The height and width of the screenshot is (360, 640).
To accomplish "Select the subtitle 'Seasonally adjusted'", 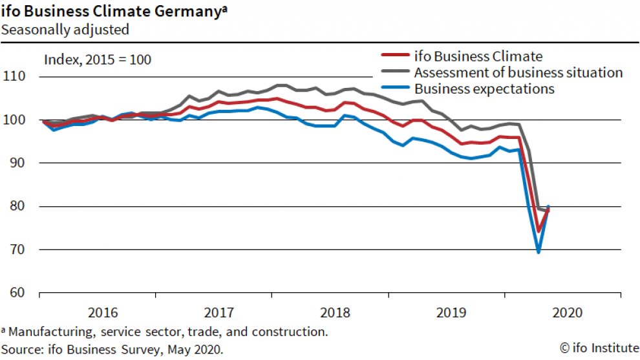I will (65, 29).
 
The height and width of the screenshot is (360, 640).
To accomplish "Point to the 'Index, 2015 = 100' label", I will (98, 60).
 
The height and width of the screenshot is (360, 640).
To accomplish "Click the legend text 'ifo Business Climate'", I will (478, 56).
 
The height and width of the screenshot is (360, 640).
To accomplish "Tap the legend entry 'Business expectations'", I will (484, 89).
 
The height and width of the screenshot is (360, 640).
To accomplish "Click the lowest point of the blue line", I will (539, 251).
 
